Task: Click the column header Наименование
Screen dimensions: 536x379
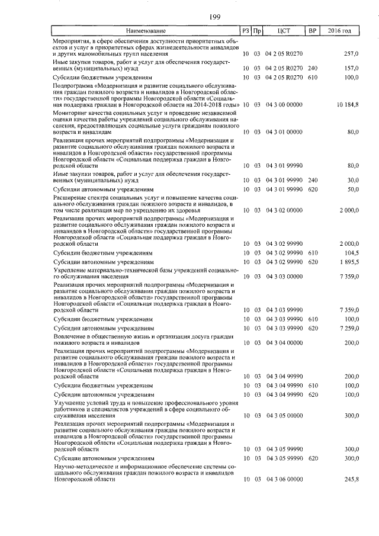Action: [145, 30]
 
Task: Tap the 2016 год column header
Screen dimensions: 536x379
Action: [343, 30]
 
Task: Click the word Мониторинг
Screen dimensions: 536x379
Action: [69, 111]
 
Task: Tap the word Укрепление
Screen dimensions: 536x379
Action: [69, 270]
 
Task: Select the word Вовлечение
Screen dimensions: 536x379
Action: [69, 336]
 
